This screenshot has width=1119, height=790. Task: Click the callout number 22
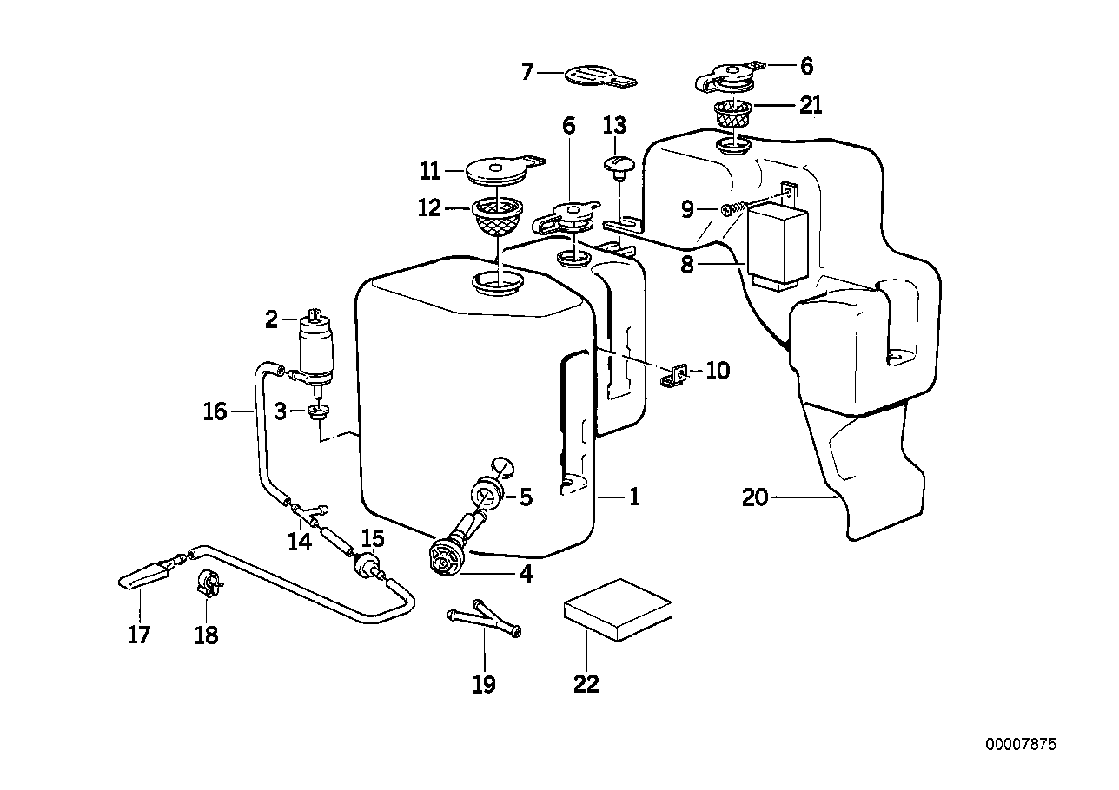tap(586, 684)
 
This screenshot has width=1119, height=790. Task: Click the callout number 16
tap(215, 411)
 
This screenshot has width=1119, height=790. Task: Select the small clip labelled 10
tap(676, 375)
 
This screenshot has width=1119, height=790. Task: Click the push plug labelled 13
tap(616, 164)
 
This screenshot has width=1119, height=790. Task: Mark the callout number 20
tap(756, 498)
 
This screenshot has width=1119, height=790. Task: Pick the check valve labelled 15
tap(369, 565)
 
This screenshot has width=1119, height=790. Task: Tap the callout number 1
tap(634, 497)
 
